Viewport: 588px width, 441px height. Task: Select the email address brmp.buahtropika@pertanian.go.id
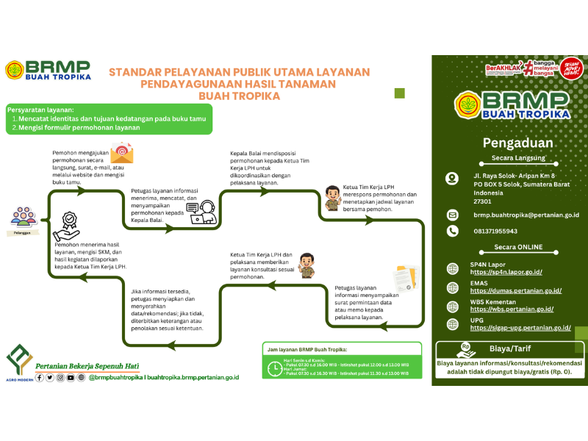pyautogui.click(x=526, y=215)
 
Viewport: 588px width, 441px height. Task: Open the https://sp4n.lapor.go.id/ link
pyautogui.click(x=506, y=272)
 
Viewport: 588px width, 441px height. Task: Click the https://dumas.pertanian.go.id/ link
pyautogui.click(x=512, y=291)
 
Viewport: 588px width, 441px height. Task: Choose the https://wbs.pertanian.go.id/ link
pyautogui.click(x=512, y=309)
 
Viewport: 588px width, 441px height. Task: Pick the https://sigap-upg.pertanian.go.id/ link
pyautogui.click(x=520, y=328)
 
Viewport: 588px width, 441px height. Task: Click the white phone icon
pyautogui.click(x=453, y=231)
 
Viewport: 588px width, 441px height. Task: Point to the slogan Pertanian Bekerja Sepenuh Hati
pyautogui.click(x=87, y=365)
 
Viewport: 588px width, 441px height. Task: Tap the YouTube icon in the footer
pyautogui.click(x=71, y=378)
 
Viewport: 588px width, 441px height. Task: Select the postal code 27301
pyautogui.click(x=482, y=201)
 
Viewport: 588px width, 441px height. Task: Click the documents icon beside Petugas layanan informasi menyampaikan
pyautogui.click(x=404, y=276)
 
